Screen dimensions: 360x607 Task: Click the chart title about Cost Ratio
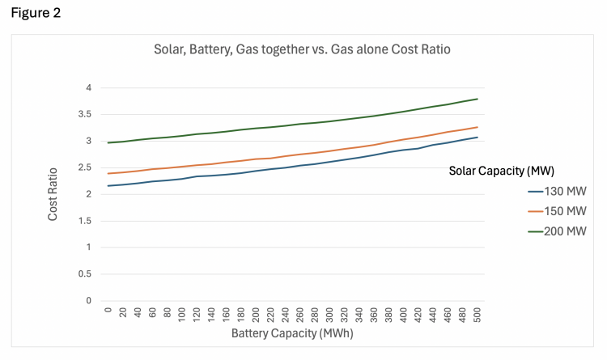click(302, 49)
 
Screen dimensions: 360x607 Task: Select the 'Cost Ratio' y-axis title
click(53, 194)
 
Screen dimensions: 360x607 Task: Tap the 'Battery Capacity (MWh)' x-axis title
click(293, 332)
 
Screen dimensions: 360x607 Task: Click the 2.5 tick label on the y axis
click(85, 167)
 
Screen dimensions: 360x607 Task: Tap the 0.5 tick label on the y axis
click(85, 273)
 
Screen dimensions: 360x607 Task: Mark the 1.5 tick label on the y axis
click(85, 220)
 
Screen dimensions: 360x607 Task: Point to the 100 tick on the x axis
click(181, 314)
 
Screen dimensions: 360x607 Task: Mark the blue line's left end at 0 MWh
click(107, 186)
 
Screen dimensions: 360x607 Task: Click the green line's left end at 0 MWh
click(107, 142)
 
